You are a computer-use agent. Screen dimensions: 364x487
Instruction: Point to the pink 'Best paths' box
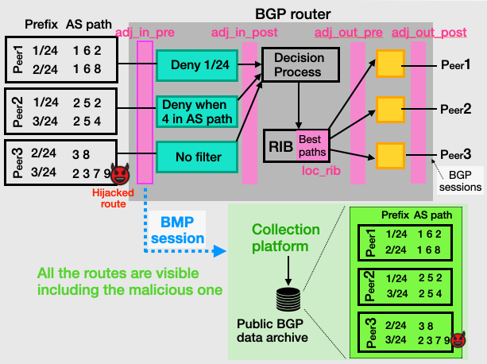coord(311,145)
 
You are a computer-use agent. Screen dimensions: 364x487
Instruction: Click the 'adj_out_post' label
coord(430,32)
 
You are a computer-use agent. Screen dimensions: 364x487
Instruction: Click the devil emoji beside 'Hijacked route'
coord(120,172)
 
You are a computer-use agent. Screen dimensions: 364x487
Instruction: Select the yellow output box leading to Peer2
coord(388,106)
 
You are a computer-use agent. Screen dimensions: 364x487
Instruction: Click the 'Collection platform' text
coord(286,238)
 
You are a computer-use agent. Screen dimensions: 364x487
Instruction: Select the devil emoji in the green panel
coord(458,339)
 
